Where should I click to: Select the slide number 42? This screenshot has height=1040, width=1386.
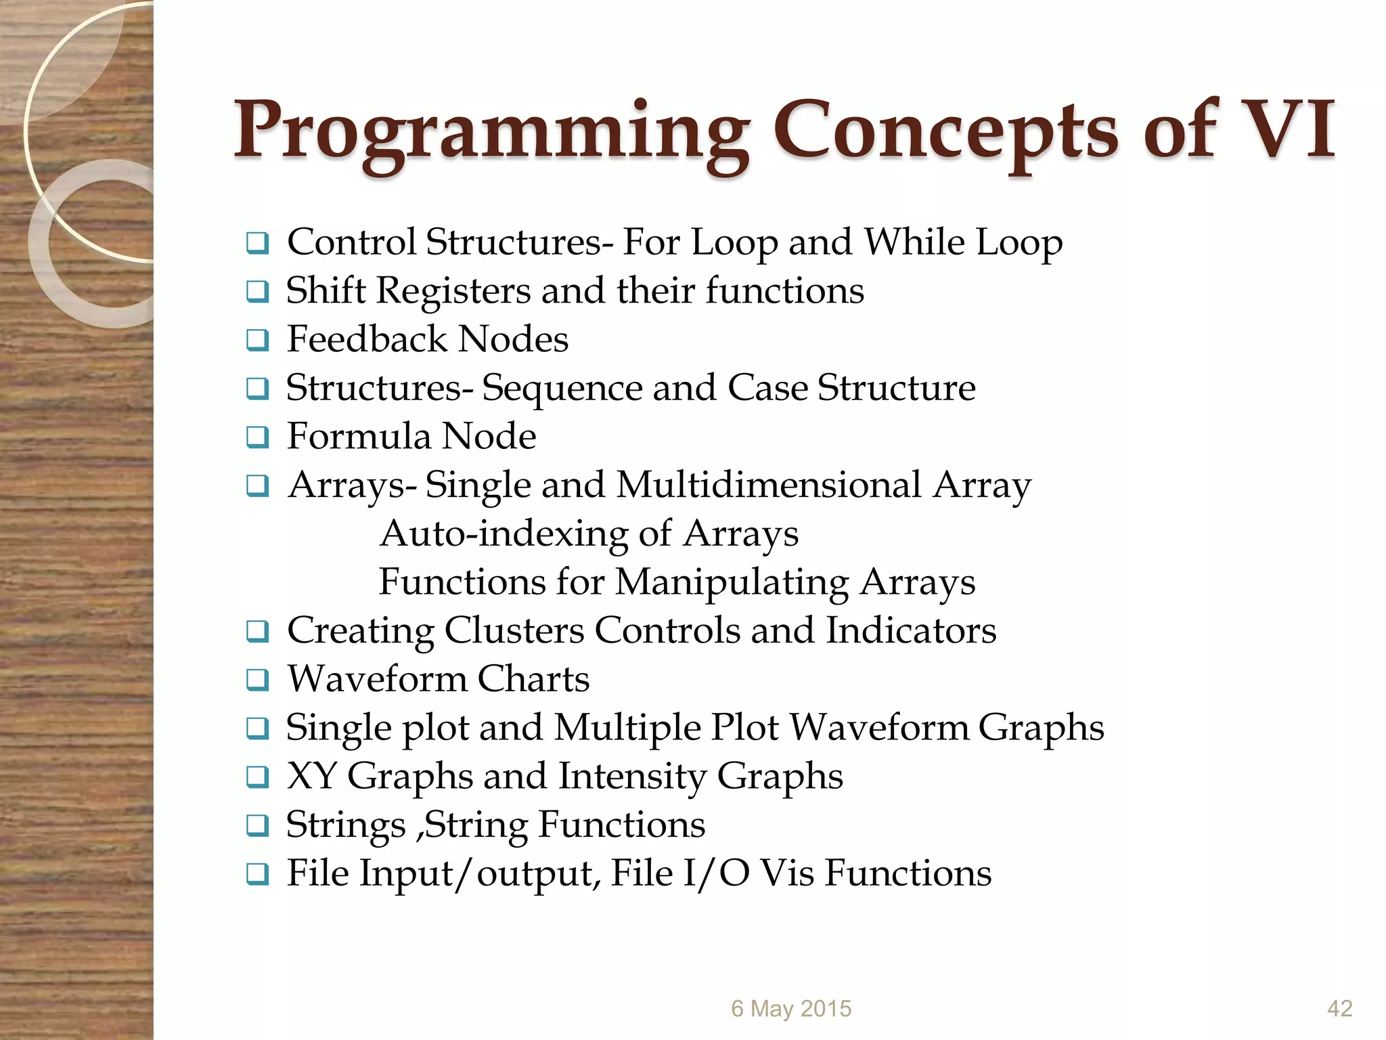1339,1009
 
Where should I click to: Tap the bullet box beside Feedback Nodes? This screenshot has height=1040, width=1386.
258,341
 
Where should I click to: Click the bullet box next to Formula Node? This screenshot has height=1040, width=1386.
258,437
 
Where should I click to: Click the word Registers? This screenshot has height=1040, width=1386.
453,291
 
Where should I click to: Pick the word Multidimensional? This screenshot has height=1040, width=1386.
769,485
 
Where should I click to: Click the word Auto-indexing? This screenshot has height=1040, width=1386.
504,534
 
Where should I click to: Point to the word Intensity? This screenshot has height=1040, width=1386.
633,777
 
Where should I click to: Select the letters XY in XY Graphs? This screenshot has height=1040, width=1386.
311,777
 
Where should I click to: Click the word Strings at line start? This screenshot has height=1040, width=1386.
345,825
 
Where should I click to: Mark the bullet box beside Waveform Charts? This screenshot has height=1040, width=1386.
258,680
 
